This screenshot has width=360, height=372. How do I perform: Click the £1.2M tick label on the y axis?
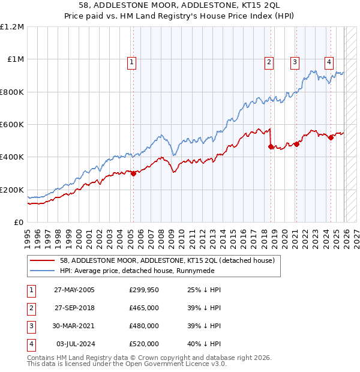coord(12,27)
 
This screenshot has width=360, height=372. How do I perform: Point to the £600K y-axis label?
coord(12,125)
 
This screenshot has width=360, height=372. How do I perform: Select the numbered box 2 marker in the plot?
coord(269,61)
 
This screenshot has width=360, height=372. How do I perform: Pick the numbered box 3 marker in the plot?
coord(295,61)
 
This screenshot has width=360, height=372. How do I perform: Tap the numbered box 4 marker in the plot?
coord(329,61)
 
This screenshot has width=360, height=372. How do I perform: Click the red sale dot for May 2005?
coord(133,173)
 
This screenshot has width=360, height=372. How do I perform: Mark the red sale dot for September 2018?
coord(271,146)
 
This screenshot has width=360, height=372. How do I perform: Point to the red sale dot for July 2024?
coord(331,137)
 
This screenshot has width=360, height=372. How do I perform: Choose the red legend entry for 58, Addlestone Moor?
coord(167,260)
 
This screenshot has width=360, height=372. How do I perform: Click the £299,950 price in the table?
coord(144,290)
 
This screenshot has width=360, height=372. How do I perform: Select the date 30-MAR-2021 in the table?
coord(74,326)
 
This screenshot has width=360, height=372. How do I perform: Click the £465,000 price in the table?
coord(144,308)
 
